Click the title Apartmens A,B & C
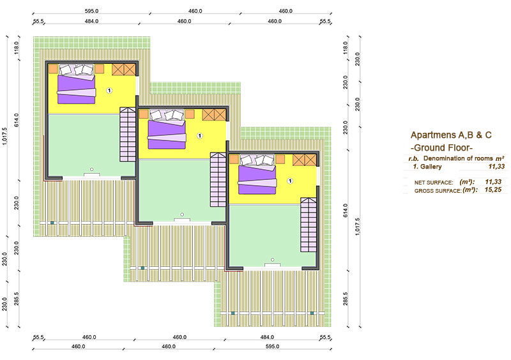tap(451, 135)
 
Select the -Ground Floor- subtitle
tap(441, 147)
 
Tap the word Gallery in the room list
tap(431, 167)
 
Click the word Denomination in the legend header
tap(441, 158)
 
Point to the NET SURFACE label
tap(434, 183)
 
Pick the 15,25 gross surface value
tap(492, 190)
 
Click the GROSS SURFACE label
tap(438, 191)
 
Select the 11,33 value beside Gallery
tap(496, 166)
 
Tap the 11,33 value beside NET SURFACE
tap(492, 182)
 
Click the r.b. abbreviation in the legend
tap(413, 159)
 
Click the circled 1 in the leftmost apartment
tap(109, 91)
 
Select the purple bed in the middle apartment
tap(167, 134)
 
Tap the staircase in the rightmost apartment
tap(309, 225)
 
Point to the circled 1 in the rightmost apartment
tap(290, 181)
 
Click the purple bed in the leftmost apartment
tap(77, 89)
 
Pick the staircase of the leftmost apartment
tap(128, 134)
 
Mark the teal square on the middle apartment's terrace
tap(142, 268)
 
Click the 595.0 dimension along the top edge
tap(91, 11)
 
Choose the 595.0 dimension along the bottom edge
tap(272, 347)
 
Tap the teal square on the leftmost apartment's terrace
tap(52, 223)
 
